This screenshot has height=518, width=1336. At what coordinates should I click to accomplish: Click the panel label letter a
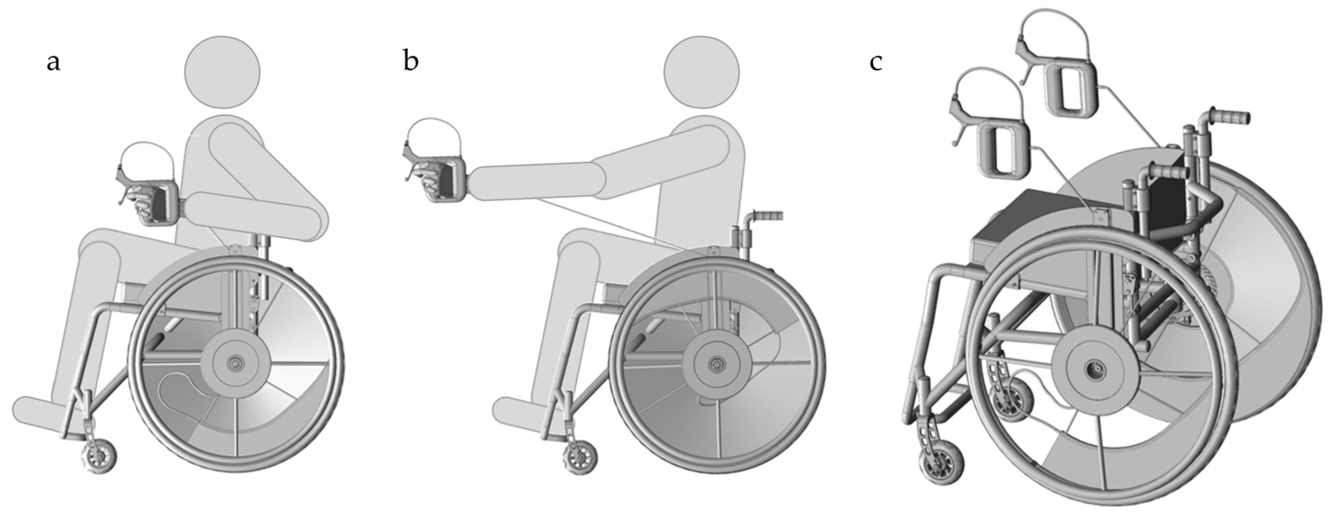coord(54,63)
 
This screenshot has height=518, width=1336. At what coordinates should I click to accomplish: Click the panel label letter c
coord(876,63)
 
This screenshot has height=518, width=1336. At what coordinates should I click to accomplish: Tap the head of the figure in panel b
coord(702,73)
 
